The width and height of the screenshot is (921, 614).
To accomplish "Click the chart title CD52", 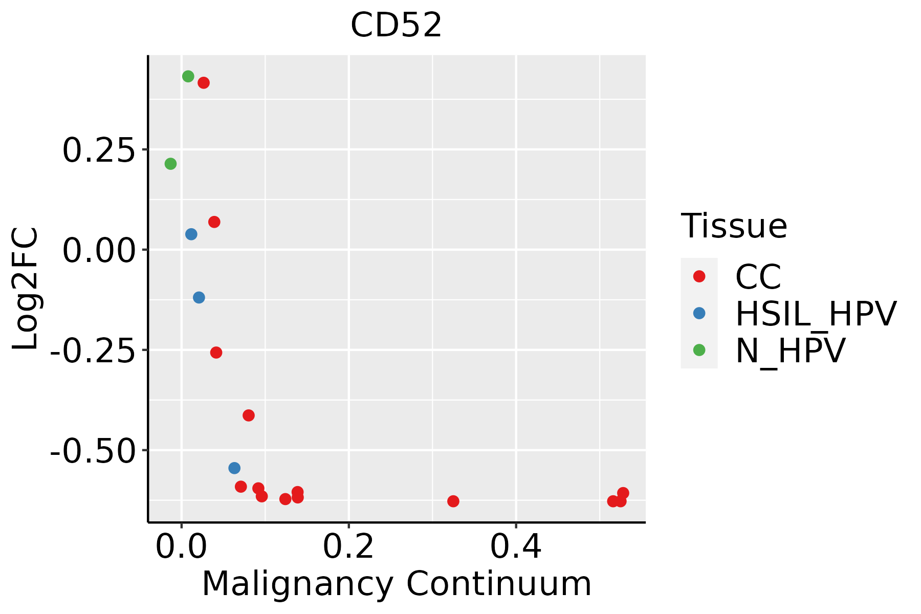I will [x=396, y=26].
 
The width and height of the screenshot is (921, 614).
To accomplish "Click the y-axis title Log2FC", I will [x=26, y=289].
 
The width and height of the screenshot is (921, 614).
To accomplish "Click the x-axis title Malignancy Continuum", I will [x=397, y=584].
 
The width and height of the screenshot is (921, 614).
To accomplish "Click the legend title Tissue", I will [x=734, y=226].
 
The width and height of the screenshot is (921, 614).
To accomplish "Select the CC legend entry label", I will [x=758, y=277].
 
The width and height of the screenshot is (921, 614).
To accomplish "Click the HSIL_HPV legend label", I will [x=816, y=314].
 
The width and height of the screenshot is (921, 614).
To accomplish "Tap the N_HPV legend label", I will [x=790, y=350].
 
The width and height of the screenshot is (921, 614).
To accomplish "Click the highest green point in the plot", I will [x=188, y=76].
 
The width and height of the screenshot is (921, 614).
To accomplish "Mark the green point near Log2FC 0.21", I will [x=171, y=164].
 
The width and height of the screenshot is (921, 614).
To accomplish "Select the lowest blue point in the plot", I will [x=234, y=468].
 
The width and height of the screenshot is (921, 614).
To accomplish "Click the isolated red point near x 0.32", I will [x=453, y=501].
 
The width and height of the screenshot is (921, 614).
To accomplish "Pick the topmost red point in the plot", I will [x=204, y=83].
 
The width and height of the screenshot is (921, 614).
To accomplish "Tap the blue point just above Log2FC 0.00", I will [x=191, y=234].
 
